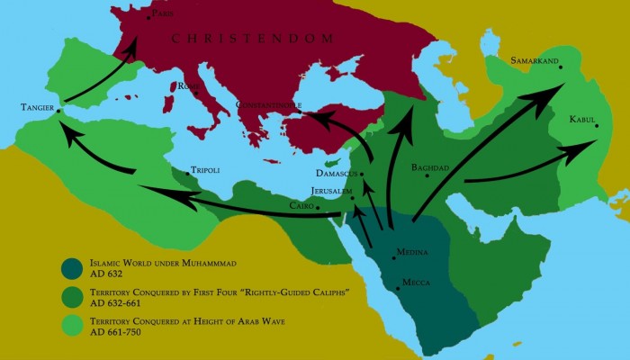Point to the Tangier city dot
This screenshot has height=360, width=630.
click(x=59, y=112)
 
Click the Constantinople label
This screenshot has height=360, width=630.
click(x=267, y=105)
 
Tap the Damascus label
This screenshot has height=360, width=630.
click(x=336, y=172)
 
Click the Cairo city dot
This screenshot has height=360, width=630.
click(x=318, y=207)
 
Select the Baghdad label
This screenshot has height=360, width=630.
click(x=429, y=167)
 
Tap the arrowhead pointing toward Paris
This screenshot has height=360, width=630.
click(x=135, y=43)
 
